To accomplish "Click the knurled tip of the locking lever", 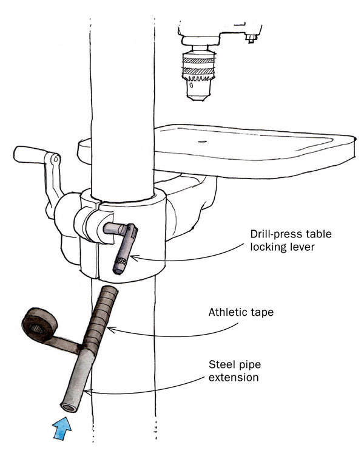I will point(119,265).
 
